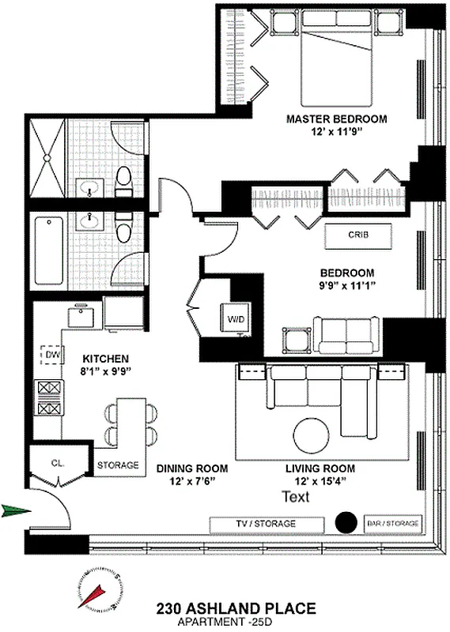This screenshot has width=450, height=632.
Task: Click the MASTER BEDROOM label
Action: [336, 119]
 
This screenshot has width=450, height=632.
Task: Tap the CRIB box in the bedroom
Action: [357, 235]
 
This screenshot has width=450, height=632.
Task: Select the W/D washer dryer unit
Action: [236, 319]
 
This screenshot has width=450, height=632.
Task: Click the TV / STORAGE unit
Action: [267, 524]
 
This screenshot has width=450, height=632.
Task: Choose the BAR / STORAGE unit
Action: [393, 523]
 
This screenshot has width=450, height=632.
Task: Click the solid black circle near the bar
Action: [345, 522]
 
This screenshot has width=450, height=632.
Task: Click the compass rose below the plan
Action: [100, 590]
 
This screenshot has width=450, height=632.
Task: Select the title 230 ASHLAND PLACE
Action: [236, 608]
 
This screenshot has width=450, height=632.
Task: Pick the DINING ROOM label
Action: [186, 468]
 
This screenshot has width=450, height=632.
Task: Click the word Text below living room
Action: [296, 497]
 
